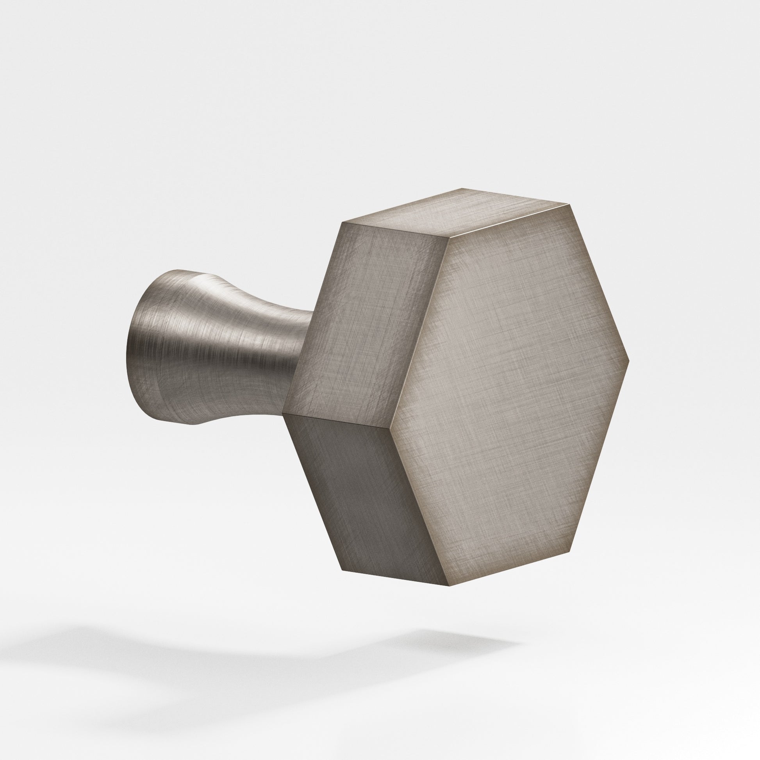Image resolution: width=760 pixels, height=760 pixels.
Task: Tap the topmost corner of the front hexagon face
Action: [x=569, y=205]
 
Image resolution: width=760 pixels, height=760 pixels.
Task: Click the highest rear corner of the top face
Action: [x=463, y=188]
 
